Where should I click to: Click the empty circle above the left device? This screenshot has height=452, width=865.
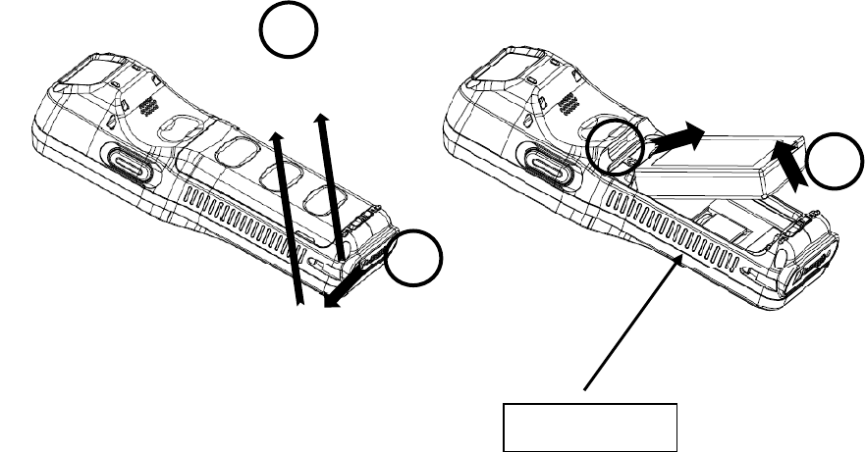click(289, 33)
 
